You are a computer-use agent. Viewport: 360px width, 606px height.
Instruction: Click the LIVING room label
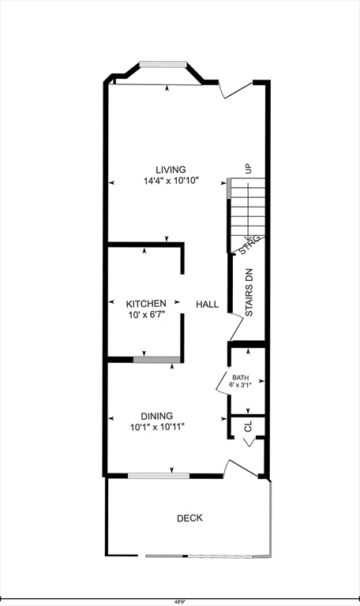coord(171,169)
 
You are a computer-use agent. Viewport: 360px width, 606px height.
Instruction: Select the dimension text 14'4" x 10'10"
coord(171,181)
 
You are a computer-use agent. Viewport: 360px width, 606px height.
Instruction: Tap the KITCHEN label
coord(146,303)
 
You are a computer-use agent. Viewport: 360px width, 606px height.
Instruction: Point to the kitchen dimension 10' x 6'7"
coord(146,314)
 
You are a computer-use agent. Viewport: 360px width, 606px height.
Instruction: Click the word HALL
coord(208,304)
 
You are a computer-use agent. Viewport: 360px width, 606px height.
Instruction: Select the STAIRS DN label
coord(249,293)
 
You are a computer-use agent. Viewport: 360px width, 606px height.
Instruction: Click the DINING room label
coord(157,416)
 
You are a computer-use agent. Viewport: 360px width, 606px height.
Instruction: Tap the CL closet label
coord(248,427)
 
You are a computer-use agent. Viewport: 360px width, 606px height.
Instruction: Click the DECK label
coord(189,518)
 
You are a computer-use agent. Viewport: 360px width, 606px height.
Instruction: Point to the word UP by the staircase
coord(249,168)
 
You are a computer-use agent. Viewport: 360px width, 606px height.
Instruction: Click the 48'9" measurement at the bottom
coord(181,600)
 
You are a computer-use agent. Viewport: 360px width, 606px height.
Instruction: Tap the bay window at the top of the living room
coord(163,65)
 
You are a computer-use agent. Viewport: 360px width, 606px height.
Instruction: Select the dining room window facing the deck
coord(158,475)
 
